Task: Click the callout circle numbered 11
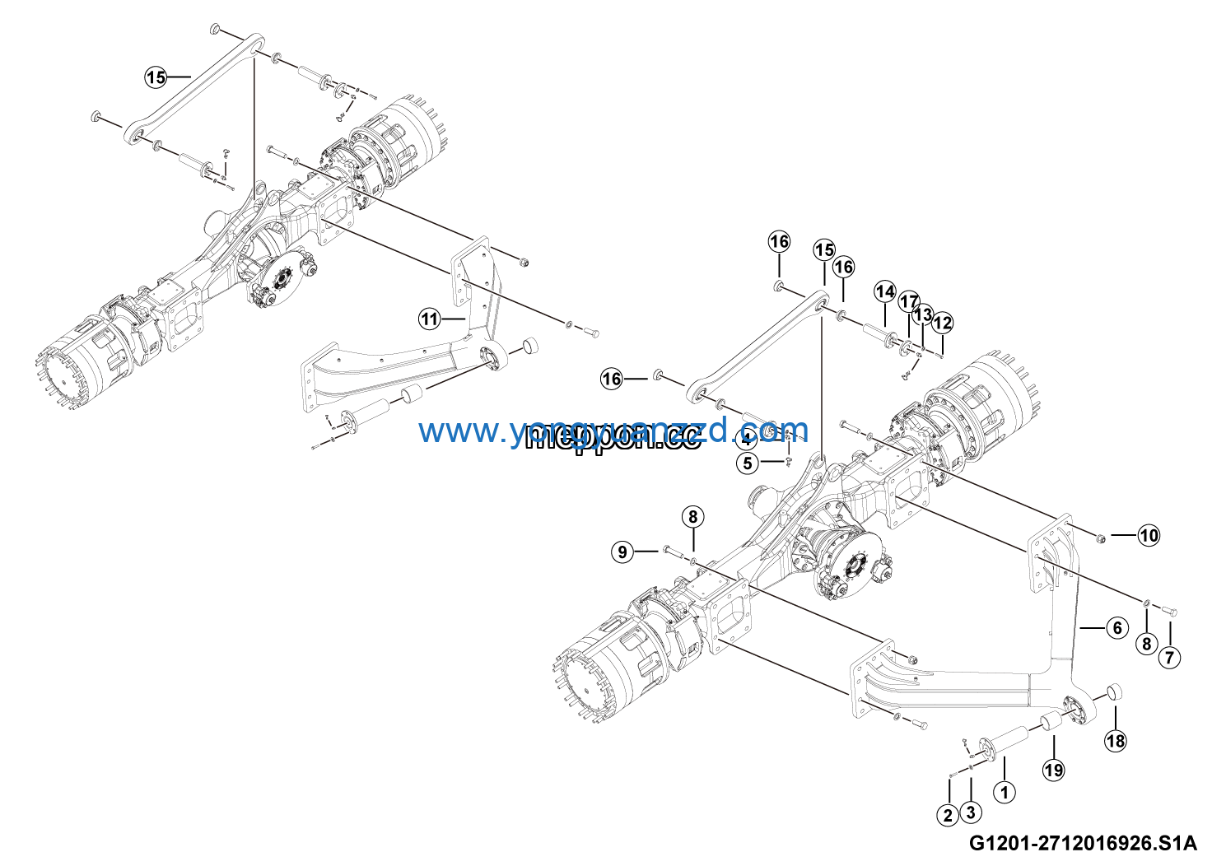(x=429, y=319)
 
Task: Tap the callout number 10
(x=1149, y=535)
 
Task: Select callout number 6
(x=1116, y=628)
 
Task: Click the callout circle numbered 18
(x=1115, y=741)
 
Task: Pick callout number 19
(x=1054, y=770)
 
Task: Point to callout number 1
(x=1004, y=792)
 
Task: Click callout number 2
(x=948, y=815)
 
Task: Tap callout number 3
(x=971, y=812)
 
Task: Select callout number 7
(x=1169, y=658)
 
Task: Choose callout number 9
(x=622, y=552)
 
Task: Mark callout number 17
(x=908, y=301)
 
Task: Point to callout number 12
(x=942, y=323)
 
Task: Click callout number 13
(x=924, y=314)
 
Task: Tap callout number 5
(x=748, y=463)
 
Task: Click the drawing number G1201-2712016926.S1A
(x=1083, y=843)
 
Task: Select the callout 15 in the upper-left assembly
(x=156, y=77)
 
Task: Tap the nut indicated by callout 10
(x=1100, y=538)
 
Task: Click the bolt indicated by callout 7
(x=1168, y=612)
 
